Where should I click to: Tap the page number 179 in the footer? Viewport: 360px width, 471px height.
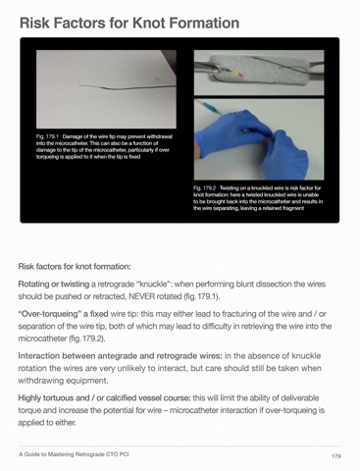(x=336, y=456)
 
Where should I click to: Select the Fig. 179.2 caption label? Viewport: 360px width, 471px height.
(x=205, y=188)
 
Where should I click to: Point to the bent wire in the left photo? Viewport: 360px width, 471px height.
(x=128, y=87)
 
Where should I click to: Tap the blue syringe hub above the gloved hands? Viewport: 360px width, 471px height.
(x=210, y=108)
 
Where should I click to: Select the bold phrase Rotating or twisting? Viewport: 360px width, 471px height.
(x=54, y=285)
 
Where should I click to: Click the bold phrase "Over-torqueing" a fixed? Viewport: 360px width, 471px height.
(x=63, y=314)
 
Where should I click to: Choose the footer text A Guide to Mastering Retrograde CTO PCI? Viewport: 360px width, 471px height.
(x=74, y=454)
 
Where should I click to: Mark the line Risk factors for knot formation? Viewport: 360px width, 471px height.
(x=75, y=267)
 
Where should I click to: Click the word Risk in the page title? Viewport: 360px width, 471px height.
(x=34, y=23)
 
